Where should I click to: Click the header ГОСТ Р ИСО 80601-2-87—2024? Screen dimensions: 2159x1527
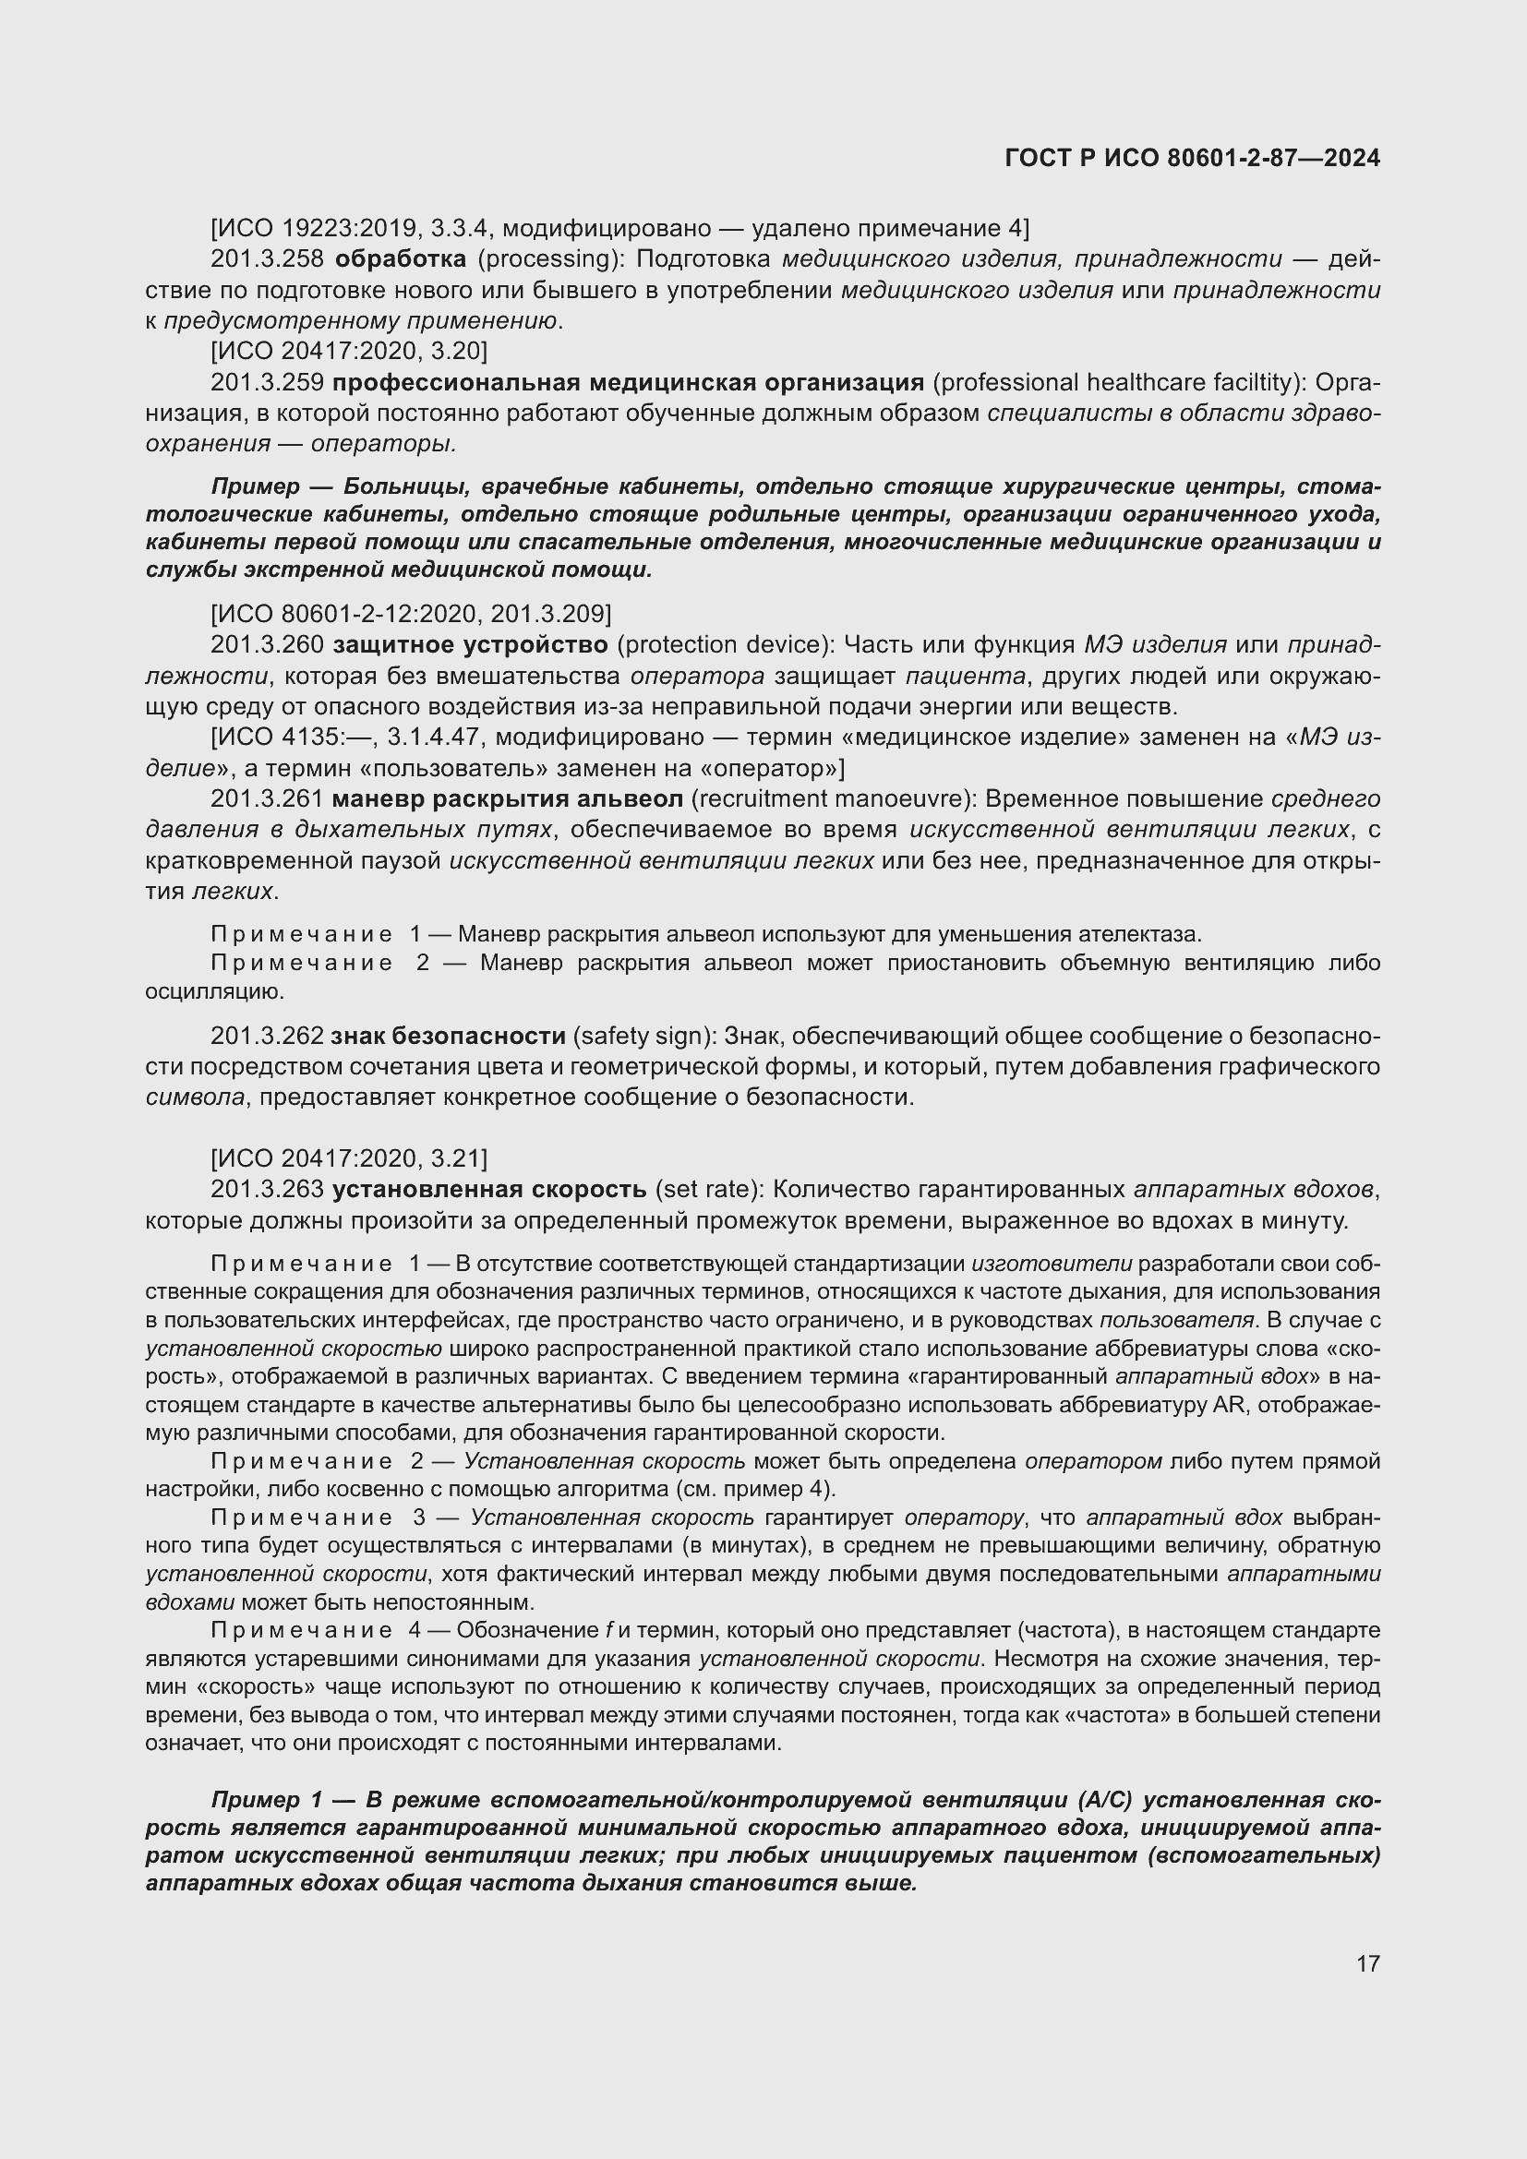1192,158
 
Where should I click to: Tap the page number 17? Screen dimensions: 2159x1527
1368,1963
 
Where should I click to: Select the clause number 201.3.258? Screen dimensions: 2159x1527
268,259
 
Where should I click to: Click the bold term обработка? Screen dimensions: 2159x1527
401,259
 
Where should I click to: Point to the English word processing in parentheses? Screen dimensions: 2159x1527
545,259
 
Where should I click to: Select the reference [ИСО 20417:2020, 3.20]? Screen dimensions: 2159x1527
349,352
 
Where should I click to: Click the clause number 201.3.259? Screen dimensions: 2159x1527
268,383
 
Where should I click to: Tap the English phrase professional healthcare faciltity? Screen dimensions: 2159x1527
1115,383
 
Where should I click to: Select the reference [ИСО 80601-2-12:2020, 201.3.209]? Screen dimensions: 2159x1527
411,614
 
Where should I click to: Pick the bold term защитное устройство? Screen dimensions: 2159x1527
470,645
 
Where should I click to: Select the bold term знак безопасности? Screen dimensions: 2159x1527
449,1037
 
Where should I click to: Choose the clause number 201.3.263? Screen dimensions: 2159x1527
268,1190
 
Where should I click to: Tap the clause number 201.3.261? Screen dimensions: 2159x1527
268,799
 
